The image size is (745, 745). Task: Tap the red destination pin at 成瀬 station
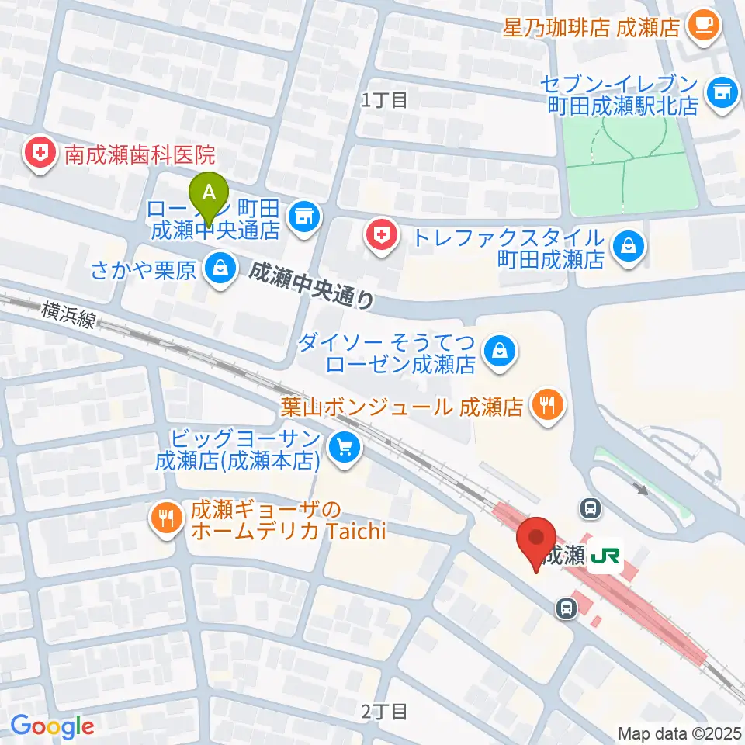pos(536,541)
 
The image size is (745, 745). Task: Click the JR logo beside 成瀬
pos(605,556)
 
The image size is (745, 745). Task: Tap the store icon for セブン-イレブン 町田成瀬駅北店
pos(722,91)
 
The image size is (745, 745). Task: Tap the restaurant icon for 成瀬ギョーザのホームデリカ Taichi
pos(166,518)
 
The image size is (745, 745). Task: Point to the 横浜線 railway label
pos(69,314)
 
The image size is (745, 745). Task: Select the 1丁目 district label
pos(384,99)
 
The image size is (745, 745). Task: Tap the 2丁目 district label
pos(384,710)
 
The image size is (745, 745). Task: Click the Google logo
pos(52,726)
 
